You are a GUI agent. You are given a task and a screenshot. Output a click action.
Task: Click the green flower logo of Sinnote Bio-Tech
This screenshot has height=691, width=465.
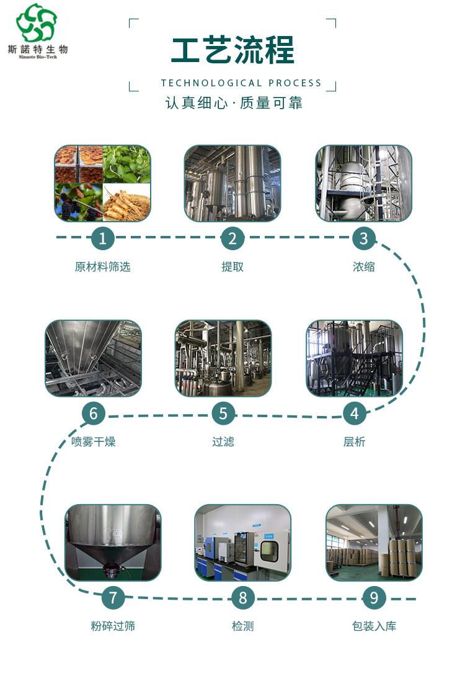click(37, 22)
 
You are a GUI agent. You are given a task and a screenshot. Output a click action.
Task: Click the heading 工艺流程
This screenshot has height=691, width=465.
click(232, 50)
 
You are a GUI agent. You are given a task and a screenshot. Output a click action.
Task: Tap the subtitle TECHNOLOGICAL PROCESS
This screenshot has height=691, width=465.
click(241, 83)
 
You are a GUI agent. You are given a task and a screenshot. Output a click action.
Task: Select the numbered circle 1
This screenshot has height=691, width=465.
click(102, 238)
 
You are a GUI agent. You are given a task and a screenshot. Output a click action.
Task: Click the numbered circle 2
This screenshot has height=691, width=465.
click(232, 238)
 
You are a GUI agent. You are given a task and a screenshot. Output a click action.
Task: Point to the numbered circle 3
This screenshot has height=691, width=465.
click(364, 238)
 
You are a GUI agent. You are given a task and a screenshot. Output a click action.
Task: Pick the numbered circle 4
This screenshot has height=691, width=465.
click(355, 413)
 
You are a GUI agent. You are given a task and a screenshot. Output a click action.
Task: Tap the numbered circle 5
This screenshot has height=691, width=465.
click(223, 413)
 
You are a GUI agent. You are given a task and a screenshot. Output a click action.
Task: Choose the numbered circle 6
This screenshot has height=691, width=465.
click(93, 413)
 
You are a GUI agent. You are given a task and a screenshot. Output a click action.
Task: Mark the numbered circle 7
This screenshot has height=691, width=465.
click(113, 598)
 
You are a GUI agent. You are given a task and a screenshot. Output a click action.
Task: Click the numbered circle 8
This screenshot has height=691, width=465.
click(243, 598)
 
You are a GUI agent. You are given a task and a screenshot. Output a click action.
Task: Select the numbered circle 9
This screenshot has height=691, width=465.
click(374, 598)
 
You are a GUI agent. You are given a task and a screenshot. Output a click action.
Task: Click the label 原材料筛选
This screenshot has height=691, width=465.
click(102, 266)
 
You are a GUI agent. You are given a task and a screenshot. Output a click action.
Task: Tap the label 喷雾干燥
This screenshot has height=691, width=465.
click(93, 441)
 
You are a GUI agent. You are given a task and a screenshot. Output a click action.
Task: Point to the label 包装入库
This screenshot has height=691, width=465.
click(374, 626)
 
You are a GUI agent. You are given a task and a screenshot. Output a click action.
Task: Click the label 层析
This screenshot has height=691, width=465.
click(354, 441)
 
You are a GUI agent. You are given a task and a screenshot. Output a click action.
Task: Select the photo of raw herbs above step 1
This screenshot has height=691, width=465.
click(102, 183)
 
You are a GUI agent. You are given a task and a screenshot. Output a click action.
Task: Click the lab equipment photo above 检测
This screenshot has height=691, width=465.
click(243, 543)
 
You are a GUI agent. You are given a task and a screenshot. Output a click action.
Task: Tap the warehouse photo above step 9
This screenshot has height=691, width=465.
click(374, 543)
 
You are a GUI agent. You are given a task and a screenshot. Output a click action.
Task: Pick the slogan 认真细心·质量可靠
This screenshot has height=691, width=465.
click(234, 103)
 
